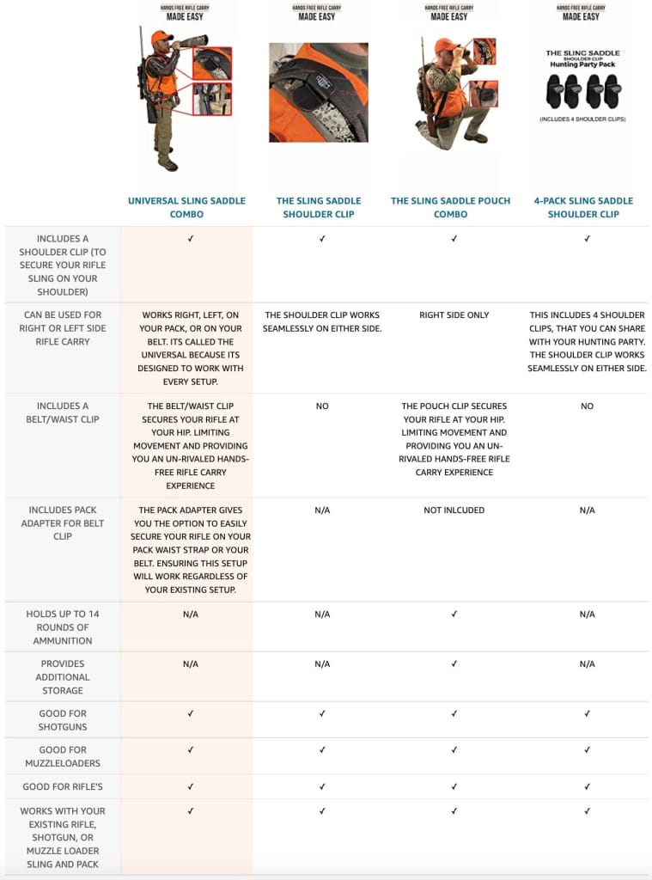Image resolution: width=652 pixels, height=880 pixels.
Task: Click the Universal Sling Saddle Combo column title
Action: (x=186, y=207)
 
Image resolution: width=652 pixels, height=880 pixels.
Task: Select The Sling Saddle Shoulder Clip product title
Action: (x=319, y=207)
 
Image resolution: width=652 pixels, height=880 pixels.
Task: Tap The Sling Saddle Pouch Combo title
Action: (x=450, y=207)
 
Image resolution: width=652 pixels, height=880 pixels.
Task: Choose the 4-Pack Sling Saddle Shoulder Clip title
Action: (x=583, y=207)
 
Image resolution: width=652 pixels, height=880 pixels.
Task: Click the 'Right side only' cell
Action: (x=454, y=315)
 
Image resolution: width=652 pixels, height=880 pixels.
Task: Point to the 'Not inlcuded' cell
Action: (x=454, y=510)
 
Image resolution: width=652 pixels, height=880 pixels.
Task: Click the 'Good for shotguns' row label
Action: (x=63, y=720)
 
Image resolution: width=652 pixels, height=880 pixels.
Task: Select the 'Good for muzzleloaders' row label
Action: (x=63, y=756)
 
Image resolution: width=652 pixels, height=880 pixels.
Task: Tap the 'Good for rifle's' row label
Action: (x=63, y=787)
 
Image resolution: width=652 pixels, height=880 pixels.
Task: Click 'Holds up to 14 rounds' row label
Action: (x=63, y=627)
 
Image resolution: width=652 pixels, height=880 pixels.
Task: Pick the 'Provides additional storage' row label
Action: (x=63, y=677)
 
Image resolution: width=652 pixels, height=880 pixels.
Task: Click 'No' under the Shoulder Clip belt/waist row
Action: (x=322, y=406)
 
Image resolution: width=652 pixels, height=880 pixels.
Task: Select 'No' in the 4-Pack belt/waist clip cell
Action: (x=587, y=406)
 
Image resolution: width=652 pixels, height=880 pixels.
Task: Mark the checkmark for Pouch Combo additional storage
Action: (x=454, y=664)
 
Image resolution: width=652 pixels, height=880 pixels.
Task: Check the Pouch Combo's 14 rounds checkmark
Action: (x=454, y=614)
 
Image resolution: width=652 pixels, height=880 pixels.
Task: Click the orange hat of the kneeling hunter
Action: (x=444, y=45)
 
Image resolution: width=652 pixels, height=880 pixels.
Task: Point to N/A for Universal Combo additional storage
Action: (x=190, y=664)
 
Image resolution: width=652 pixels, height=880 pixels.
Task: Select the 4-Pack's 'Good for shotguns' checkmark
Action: (x=587, y=714)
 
